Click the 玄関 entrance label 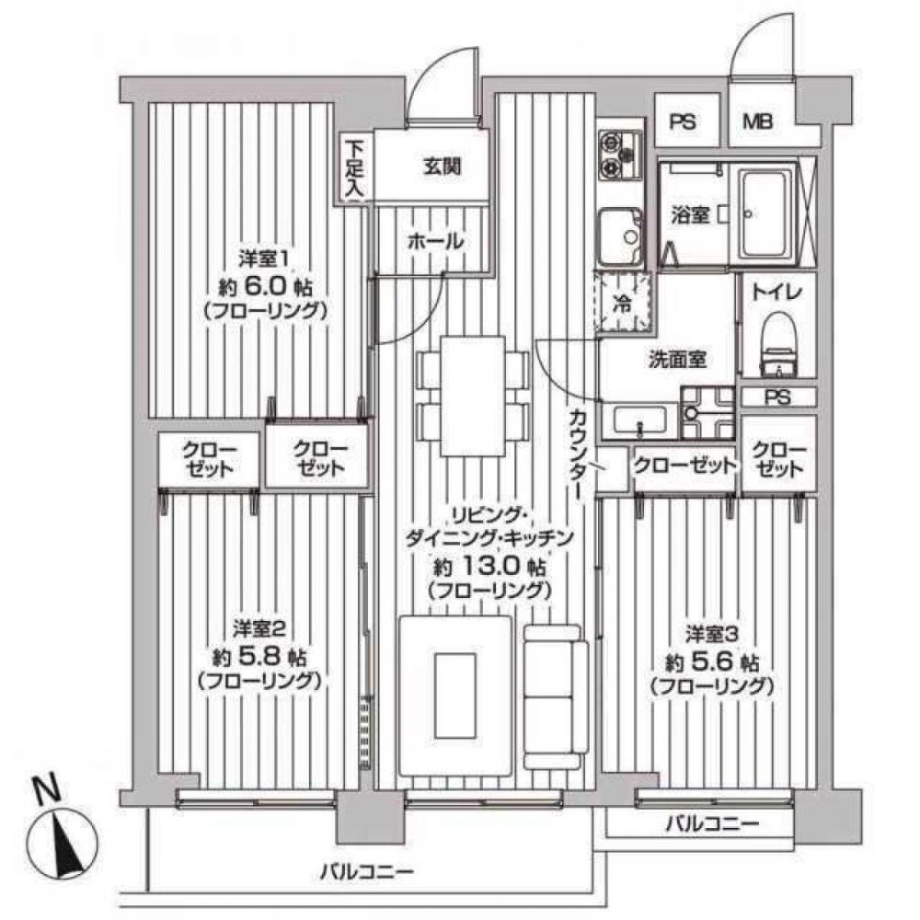point(442,167)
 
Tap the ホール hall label point(433,241)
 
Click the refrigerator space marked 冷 point(623,303)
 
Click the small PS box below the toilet point(777,397)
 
